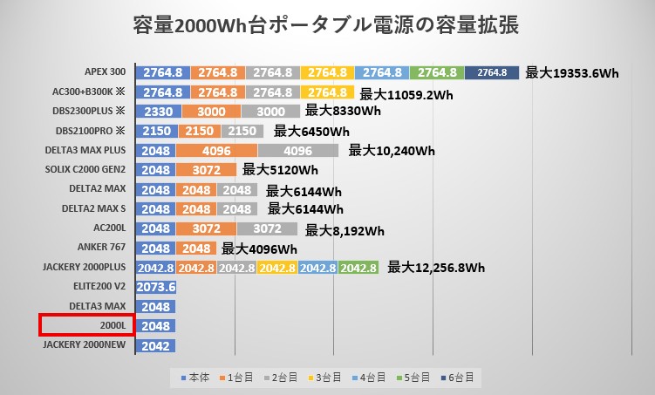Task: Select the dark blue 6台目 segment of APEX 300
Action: point(492,72)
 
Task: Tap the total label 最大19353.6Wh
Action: point(571,73)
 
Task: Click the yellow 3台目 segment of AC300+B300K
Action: point(328,92)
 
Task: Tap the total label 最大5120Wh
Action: point(279,170)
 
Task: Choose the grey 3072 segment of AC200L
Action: point(266,228)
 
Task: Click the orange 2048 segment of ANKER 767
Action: point(196,248)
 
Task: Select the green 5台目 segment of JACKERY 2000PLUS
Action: point(358,268)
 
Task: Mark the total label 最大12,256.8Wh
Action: point(436,267)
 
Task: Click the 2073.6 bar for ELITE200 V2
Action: point(158,287)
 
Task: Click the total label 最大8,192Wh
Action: point(345,231)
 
